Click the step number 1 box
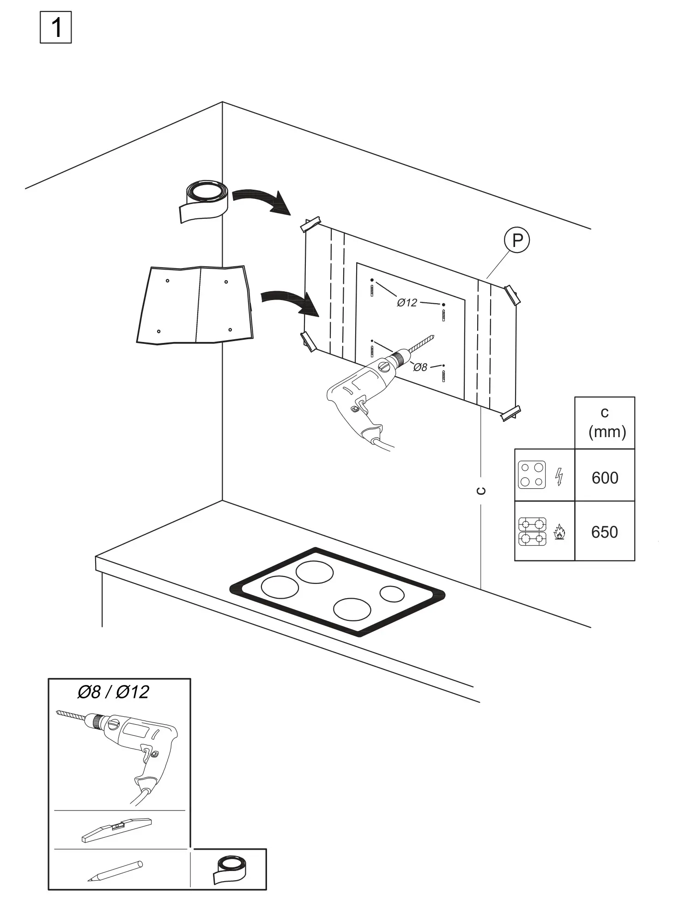pos(56,28)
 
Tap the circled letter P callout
pos(516,240)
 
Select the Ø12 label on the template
pos(407,303)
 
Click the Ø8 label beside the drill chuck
pos(420,367)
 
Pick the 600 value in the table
pos(605,478)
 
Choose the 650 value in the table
pos(605,532)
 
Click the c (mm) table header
pos(605,422)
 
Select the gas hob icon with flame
pos(541,532)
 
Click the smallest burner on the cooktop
pos(392,594)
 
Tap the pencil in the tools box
pos(115,871)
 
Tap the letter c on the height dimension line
pos(481,491)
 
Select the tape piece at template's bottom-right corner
pos(511,412)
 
